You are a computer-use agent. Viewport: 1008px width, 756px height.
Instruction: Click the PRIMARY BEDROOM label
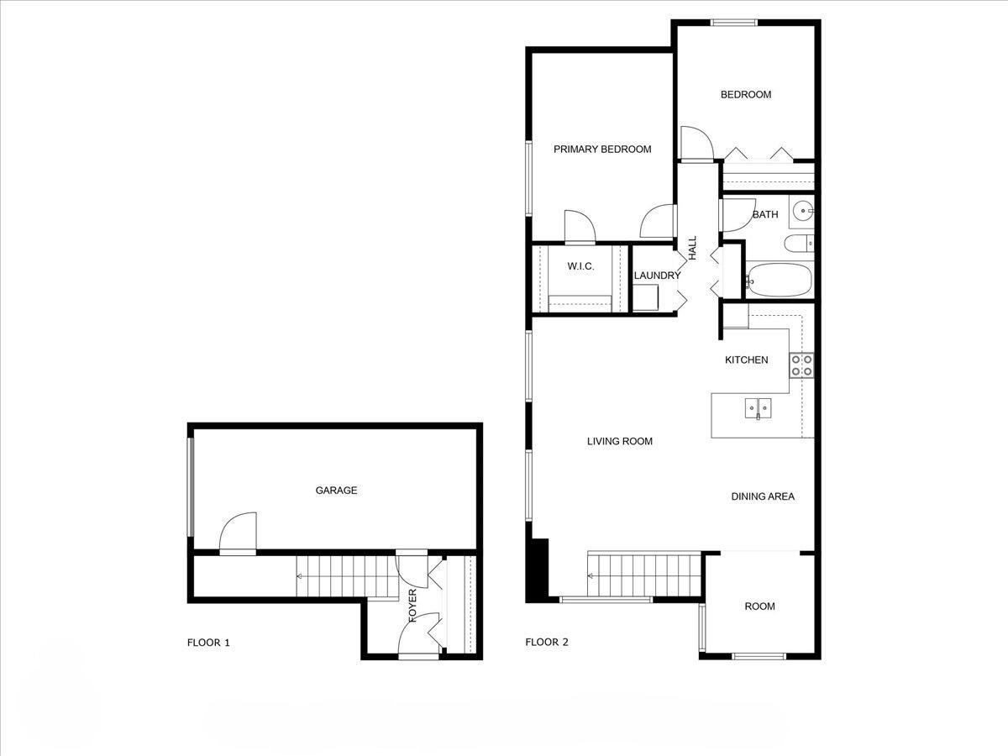(x=602, y=150)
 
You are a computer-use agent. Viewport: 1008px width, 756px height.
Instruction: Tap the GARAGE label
(x=336, y=491)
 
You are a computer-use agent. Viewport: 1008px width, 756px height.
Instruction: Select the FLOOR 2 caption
(x=547, y=643)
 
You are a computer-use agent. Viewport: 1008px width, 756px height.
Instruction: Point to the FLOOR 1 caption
(x=208, y=643)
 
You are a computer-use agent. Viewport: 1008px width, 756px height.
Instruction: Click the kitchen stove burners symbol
(x=801, y=365)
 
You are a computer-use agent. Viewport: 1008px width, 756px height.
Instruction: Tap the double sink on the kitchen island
(x=758, y=409)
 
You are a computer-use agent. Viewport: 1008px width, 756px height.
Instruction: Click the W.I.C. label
(x=580, y=266)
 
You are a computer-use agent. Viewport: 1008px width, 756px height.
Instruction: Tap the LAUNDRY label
(x=657, y=276)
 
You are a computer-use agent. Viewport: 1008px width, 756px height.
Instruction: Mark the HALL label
(x=693, y=247)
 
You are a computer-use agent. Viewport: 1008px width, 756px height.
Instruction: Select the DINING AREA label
(x=762, y=496)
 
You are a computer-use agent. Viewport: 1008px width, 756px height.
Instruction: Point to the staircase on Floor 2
(x=643, y=575)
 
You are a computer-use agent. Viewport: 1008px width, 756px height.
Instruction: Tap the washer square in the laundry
(x=645, y=298)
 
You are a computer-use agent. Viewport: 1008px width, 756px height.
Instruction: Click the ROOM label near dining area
(x=759, y=606)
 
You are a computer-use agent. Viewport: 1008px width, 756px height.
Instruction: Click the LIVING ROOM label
(x=619, y=441)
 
